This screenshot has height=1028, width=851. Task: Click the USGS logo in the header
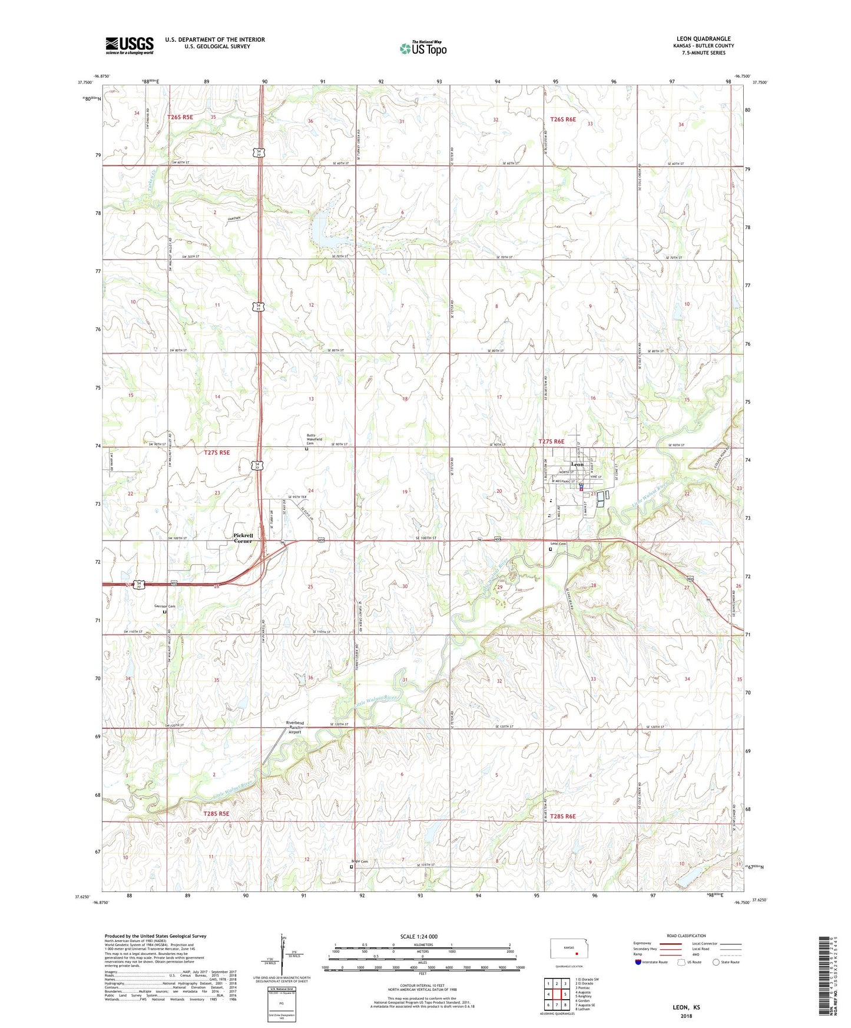(x=129, y=45)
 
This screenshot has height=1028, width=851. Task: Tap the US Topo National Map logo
(x=422, y=48)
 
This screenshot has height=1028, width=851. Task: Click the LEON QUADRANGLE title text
(x=703, y=39)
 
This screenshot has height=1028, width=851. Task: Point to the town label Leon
(x=577, y=465)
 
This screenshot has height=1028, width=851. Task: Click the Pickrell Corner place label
(x=243, y=538)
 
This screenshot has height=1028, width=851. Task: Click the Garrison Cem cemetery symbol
(x=165, y=612)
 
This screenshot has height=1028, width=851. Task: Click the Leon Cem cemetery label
(x=558, y=543)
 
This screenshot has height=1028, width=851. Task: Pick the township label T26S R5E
(x=180, y=117)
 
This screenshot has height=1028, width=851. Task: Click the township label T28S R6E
(x=562, y=817)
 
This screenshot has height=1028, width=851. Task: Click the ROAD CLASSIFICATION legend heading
(x=686, y=936)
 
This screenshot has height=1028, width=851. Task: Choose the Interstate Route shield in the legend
(x=638, y=962)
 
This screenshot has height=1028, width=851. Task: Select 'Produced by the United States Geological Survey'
(x=155, y=936)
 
